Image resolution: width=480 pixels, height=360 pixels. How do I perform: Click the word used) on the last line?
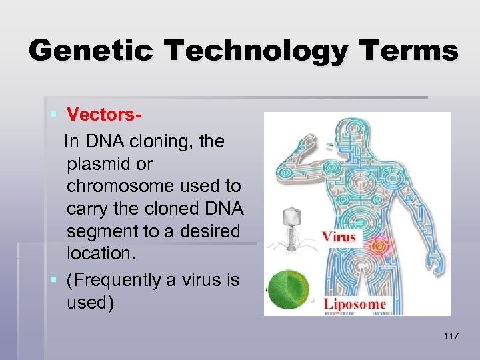[x=91, y=302]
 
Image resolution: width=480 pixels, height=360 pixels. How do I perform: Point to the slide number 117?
[x=451, y=336]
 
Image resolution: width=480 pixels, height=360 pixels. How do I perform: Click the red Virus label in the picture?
[x=339, y=237]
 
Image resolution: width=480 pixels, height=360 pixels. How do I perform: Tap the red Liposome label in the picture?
[x=355, y=304]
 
